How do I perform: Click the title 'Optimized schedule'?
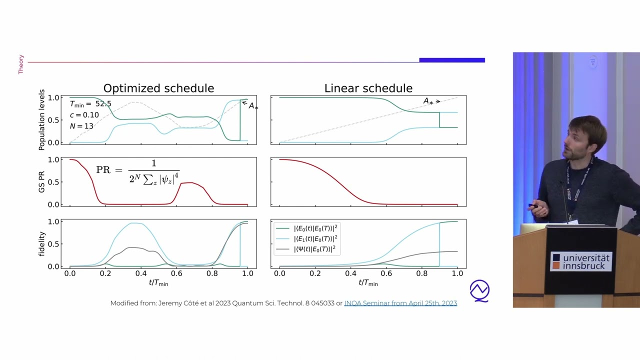(x=158, y=88)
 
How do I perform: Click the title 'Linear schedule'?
(x=368, y=88)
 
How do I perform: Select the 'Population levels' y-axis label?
(x=42, y=120)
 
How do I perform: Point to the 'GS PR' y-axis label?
(x=42, y=181)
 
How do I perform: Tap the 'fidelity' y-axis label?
(x=42, y=243)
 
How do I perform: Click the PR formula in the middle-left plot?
(x=137, y=171)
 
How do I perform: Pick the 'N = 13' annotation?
(x=81, y=126)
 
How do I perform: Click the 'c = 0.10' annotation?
(x=84, y=115)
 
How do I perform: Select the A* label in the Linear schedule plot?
(x=428, y=101)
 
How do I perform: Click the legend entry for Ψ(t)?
(x=315, y=249)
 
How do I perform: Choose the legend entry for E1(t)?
(x=315, y=238)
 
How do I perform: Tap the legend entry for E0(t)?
(x=315, y=228)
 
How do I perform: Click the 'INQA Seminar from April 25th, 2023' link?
(x=400, y=303)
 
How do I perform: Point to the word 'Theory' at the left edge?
(x=21, y=64)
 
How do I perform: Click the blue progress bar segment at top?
(x=452, y=60)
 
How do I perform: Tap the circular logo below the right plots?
(x=479, y=290)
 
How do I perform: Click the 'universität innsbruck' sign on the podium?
(x=580, y=261)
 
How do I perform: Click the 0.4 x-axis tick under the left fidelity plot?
(x=141, y=273)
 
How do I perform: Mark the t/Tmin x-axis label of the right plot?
(x=368, y=283)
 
